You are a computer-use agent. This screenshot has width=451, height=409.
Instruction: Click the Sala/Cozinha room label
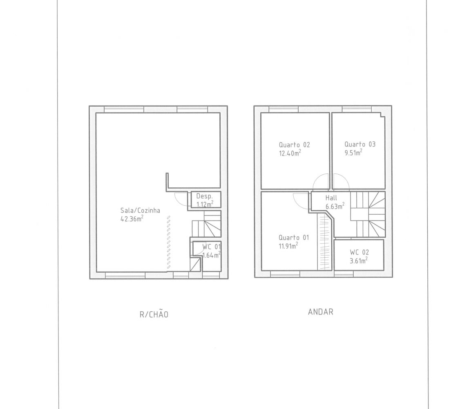[x=140, y=210]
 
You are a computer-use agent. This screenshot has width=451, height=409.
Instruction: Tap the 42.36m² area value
[x=132, y=219]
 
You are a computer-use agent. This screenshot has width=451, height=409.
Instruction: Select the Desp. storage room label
[x=205, y=196]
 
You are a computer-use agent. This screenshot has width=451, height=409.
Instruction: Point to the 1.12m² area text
[x=205, y=204]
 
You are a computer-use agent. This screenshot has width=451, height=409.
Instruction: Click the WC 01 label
[x=212, y=247]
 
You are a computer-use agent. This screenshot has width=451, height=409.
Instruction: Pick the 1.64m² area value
[x=212, y=255]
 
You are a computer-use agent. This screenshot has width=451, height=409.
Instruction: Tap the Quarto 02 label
[x=294, y=145]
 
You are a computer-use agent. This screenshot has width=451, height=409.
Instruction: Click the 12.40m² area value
[x=290, y=153]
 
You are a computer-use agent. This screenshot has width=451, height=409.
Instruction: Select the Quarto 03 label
[x=360, y=144]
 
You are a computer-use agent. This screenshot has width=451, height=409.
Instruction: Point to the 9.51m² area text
[x=353, y=153]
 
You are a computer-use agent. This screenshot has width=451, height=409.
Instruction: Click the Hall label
[x=331, y=198]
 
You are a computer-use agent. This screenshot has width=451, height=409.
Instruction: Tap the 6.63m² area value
[x=335, y=206]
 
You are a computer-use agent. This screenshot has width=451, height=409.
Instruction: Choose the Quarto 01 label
[x=294, y=238]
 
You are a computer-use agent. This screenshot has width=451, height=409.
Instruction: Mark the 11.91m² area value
[x=288, y=246]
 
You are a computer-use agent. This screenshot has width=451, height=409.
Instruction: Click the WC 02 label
[x=359, y=252]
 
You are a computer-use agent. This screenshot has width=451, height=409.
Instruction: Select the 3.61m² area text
[x=359, y=261]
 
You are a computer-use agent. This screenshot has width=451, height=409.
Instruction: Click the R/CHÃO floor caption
[x=154, y=314]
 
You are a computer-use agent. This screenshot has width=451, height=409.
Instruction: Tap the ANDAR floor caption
[x=320, y=312]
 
